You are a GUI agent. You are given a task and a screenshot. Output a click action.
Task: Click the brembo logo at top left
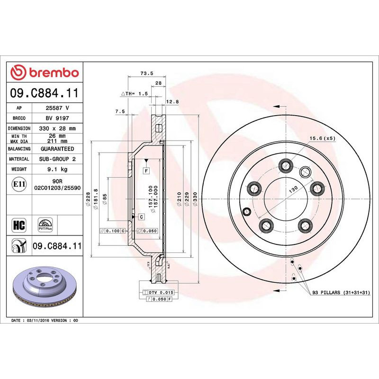pos(45,72)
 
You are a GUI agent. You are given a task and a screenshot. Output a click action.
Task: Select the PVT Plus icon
pos(45,224)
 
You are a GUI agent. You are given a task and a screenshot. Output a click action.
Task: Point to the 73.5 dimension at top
pos(146,73)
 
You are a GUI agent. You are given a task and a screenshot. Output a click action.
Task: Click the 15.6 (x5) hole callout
pos(323,138)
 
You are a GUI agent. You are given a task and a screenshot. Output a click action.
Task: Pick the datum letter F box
pos(146,170)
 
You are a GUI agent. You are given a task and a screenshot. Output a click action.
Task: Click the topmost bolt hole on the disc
pos(285,165)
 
